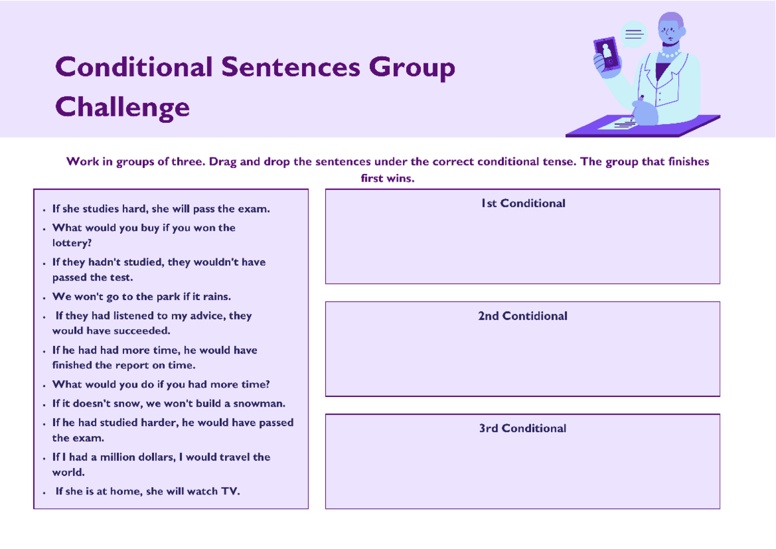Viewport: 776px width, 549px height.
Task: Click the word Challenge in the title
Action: tap(123, 107)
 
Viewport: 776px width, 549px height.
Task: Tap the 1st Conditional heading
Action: tap(523, 203)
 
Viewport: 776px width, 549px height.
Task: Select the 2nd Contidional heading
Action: tap(523, 316)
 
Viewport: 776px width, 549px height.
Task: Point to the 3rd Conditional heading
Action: tap(523, 428)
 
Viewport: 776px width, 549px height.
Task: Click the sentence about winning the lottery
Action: tap(144, 235)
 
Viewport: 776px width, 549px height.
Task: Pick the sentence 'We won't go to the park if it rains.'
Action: tap(142, 297)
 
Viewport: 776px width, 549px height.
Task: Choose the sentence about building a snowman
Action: tap(169, 404)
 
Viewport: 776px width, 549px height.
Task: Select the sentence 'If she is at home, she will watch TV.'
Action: tap(147, 491)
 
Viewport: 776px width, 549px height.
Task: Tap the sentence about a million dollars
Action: tap(161, 464)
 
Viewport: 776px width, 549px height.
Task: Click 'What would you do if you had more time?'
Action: tap(161, 384)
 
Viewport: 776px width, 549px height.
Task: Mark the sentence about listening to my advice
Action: tap(153, 323)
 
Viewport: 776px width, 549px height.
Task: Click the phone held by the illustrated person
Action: tap(607, 53)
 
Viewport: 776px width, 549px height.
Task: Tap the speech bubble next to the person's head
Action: tap(633, 34)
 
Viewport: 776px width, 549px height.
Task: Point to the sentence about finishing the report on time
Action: tap(155, 358)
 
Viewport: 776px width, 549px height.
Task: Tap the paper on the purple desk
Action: tap(618, 124)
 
